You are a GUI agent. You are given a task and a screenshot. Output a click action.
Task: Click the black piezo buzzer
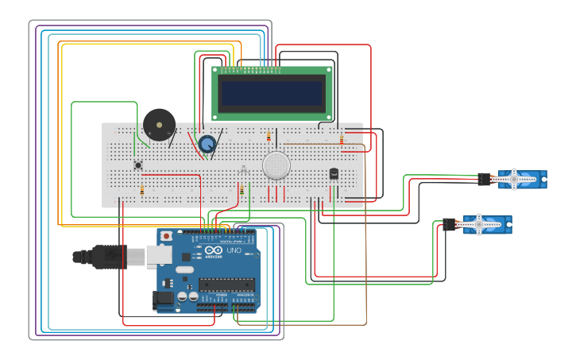(159, 126)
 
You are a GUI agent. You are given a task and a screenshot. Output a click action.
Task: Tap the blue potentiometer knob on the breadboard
(207, 144)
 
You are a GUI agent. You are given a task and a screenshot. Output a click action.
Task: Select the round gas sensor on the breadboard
(276, 165)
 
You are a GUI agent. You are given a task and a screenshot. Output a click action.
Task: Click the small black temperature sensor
(334, 173)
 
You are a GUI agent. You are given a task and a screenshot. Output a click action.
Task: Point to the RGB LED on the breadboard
(243, 169)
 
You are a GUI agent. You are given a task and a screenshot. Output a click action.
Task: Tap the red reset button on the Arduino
(166, 236)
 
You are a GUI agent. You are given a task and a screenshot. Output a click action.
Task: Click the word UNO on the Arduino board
(234, 250)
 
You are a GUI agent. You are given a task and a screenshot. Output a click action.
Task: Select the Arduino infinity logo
(214, 250)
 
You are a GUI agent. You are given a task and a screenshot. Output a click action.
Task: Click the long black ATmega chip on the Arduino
(226, 285)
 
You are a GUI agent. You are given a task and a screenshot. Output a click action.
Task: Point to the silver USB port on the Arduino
(159, 255)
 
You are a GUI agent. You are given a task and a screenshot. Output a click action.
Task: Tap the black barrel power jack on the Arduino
(164, 298)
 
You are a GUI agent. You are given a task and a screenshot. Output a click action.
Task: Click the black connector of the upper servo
(484, 179)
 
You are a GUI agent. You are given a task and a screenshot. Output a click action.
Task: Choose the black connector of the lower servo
(449, 224)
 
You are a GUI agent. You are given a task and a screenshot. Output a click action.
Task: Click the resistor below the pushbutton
(142, 190)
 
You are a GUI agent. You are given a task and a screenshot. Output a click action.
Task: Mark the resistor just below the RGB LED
(242, 190)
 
